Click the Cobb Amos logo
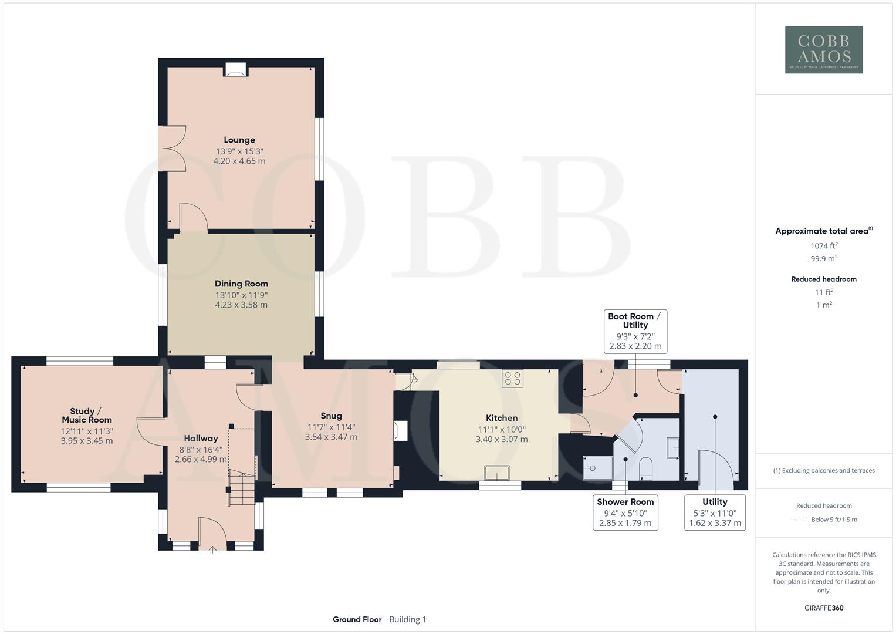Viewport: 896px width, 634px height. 824,50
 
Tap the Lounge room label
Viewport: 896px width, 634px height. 239,140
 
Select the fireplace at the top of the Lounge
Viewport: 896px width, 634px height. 235,70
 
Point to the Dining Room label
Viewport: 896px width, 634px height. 241,284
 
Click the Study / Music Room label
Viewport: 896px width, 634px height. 87,416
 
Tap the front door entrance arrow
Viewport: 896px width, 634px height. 212,549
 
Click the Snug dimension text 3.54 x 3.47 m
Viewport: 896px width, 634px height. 331,437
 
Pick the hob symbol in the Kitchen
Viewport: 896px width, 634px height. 512,379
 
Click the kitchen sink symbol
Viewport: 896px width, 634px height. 497,473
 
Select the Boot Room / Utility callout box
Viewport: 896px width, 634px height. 635,332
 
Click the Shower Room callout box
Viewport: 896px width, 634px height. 625,512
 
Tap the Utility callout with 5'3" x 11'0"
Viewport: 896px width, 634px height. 715,512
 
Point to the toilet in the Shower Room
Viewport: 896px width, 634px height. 645,467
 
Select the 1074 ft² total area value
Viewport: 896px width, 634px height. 824,246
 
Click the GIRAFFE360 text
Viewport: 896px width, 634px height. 824,608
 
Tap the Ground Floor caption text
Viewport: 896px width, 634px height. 357,619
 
